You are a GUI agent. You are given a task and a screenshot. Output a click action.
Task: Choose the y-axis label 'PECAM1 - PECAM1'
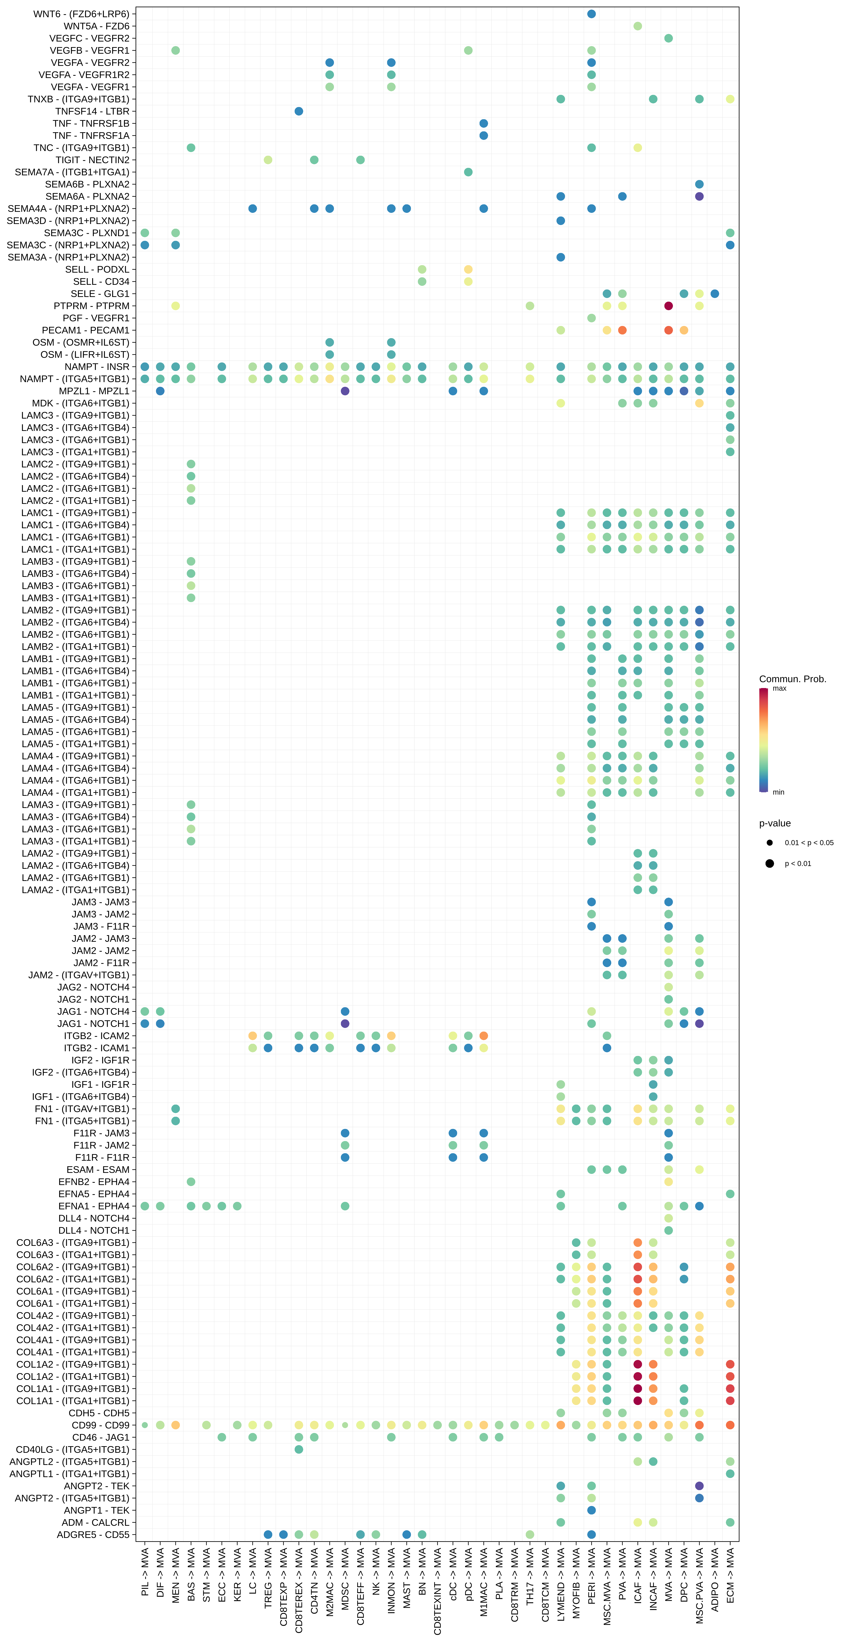(x=85, y=330)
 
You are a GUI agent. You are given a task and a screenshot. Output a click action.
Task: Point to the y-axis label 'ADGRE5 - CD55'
(x=93, y=1534)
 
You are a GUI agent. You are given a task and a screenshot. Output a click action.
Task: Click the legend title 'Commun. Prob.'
(x=792, y=679)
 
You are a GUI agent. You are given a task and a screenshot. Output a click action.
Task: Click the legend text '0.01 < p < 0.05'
(x=809, y=843)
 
